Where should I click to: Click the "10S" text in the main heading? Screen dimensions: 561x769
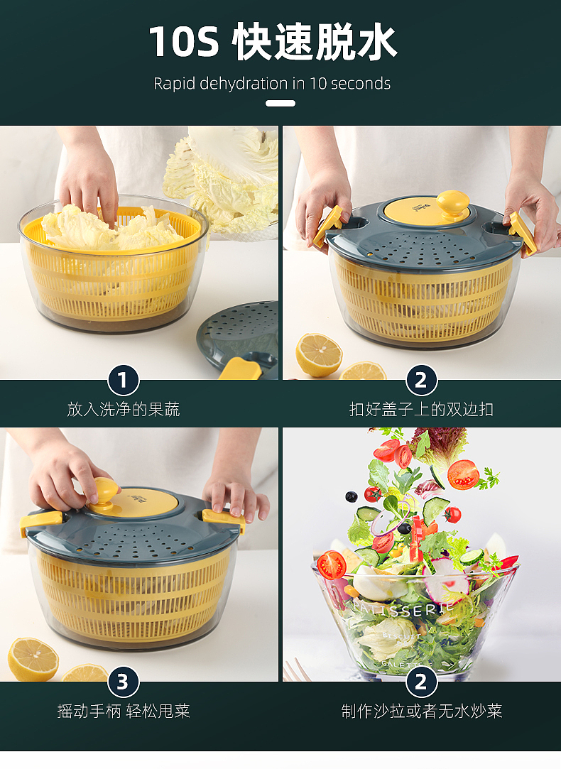point(184,41)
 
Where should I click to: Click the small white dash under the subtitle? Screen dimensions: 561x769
point(280,104)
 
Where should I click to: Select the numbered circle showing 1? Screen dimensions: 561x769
point(123,380)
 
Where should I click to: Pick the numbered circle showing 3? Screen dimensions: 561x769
point(123,682)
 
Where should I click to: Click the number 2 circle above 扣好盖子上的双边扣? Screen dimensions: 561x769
point(421,380)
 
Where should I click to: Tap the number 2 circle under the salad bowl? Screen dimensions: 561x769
point(421,682)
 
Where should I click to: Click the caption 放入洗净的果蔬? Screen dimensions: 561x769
point(124,409)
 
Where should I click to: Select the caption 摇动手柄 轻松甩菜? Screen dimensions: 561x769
point(124,711)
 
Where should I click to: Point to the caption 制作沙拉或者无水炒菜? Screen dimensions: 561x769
point(422,711)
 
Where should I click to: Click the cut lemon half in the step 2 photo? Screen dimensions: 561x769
point(319,355)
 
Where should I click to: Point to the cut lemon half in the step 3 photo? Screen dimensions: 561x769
point(33,659)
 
